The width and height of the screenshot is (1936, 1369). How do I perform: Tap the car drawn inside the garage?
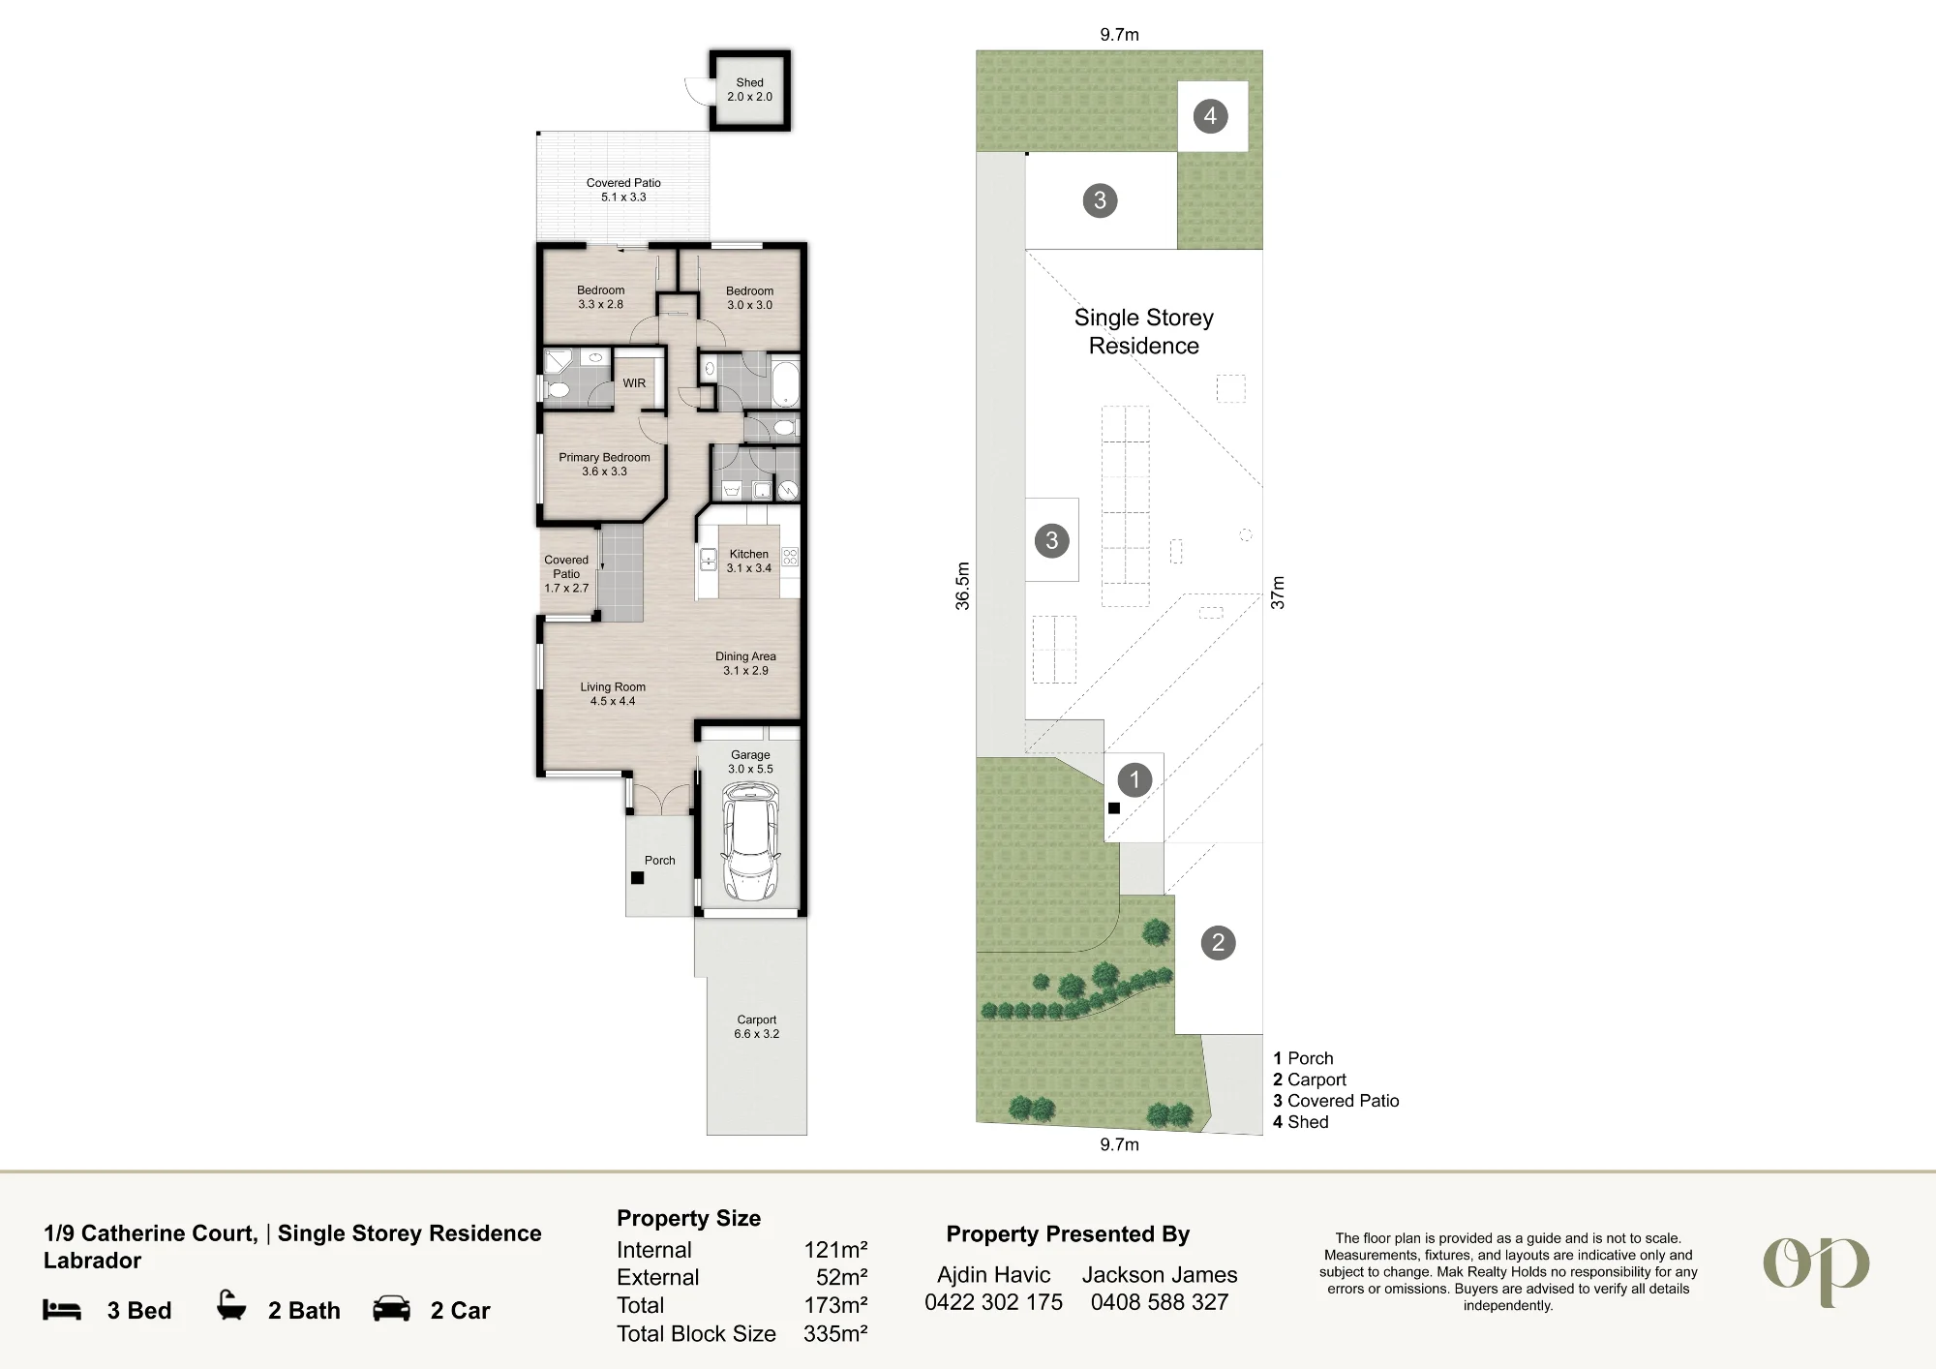[x=750, y=841]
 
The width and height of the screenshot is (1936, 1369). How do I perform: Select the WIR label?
[x=634, y=383]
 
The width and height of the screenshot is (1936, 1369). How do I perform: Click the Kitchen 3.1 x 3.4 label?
[x=749, y=562]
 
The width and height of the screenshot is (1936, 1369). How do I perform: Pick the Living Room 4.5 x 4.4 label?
[x=613, y=694]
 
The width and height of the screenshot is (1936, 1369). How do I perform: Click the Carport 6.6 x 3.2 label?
[x=756, y=1026]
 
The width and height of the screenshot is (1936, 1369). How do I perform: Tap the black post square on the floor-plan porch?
[x=637, y=878]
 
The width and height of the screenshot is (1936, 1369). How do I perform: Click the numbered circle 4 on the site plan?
[x=1210, y=116]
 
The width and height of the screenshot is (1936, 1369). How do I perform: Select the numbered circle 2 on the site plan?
[x=1218, y=942]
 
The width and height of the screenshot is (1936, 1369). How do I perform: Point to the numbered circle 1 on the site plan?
[x=1134, y=779]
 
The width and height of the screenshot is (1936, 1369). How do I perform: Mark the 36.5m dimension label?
[x=962, y=586]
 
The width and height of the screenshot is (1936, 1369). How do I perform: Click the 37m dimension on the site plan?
[x=1278, y=593]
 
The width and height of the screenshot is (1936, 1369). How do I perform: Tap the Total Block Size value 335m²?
[x=835, y=1333]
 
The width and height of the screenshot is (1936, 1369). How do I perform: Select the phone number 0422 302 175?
[x=993, y=1302]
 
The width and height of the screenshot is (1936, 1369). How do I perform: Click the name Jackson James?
[x=1160, y=1275]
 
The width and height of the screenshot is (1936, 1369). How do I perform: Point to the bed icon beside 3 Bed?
[x=62, y=1310]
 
